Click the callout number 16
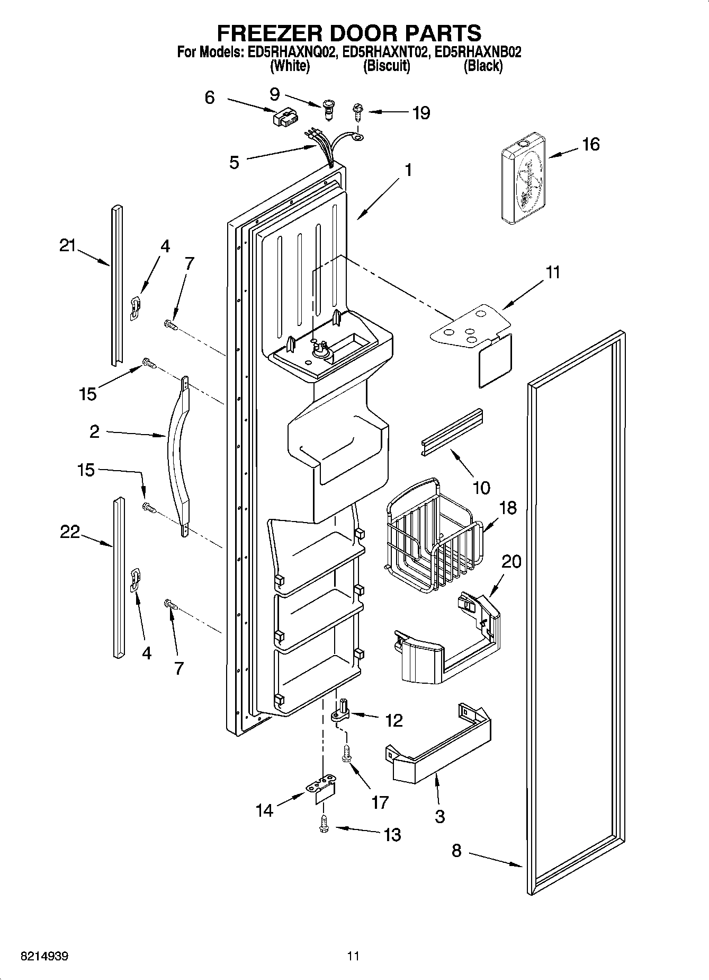click(x=591, y=144)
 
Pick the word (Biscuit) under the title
click(x=387, y=66)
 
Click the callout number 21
click(x=67, y=246)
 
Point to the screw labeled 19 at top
click(x=358, y=112)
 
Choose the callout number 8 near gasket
click(x=456, y=851)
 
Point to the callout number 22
click(x=69, y=532)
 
